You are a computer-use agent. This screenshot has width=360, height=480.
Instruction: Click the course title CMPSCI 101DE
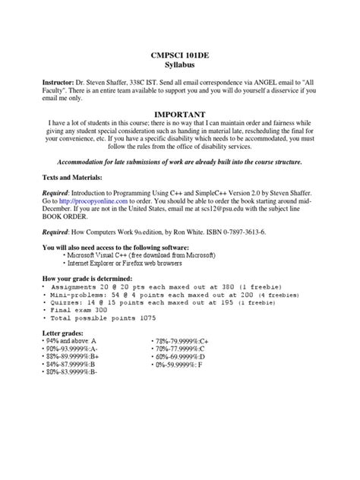pos(180,56)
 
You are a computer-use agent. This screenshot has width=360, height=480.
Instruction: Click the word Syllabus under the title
pos(180,66)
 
